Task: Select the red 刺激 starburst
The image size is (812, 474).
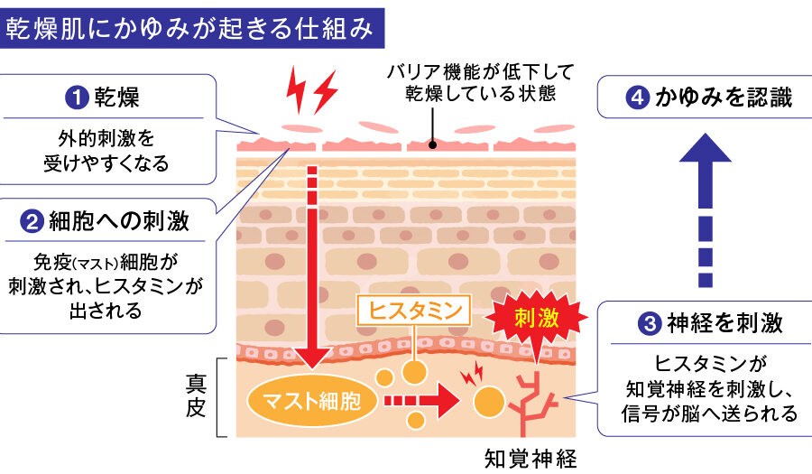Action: (x=536, y=319)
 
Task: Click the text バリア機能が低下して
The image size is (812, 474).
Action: (x=479, y=71)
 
